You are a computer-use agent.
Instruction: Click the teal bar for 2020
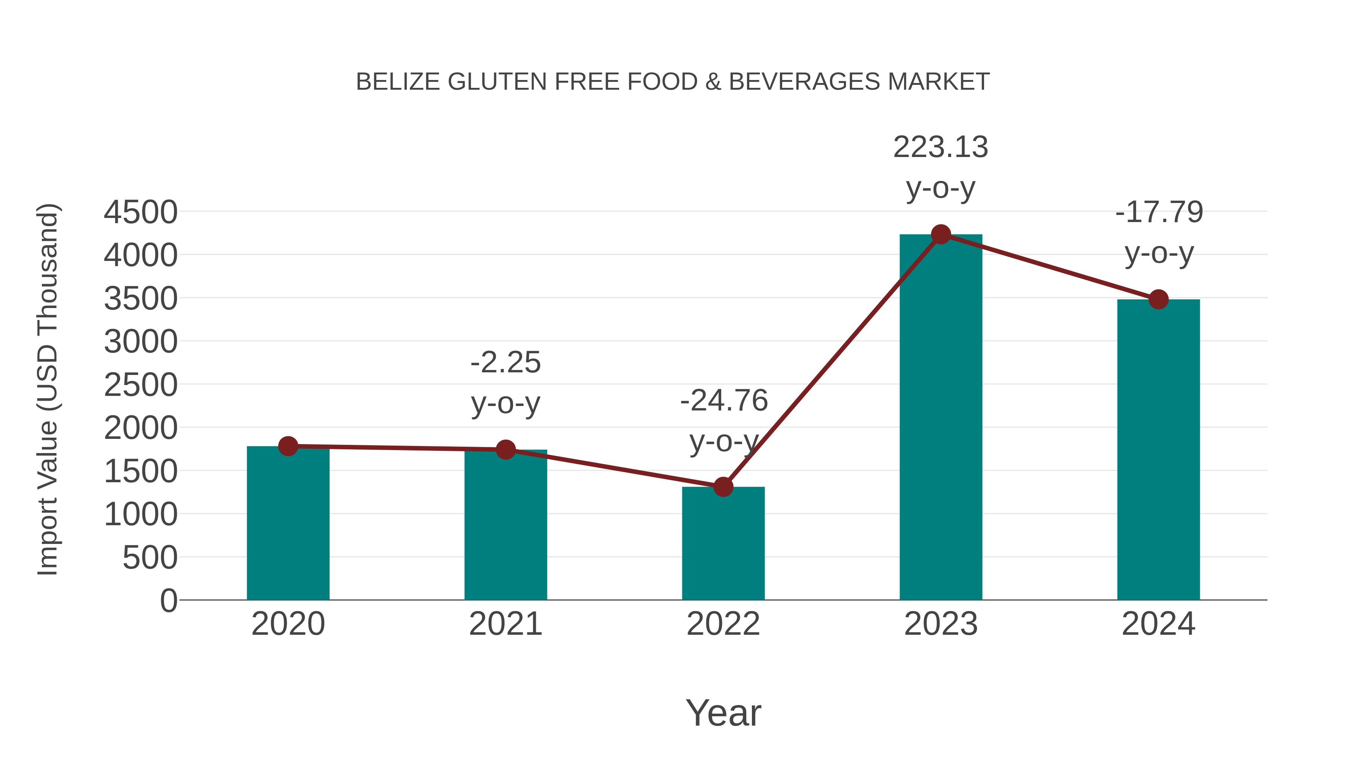pyautogui.click(x=288, y=523)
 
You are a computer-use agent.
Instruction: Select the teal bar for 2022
pyautogui.click(x=723, y=543)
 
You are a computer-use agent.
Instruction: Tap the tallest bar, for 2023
pyautogui.click(x=941, y=418)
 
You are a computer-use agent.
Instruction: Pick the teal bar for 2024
pyautogui.click(x=1158, y=449)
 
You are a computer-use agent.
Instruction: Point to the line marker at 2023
pyautogui.click(x=941, y=234)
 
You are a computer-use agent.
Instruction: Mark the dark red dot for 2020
pyautogui.click(x=288, y=446)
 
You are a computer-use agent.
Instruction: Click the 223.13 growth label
pyautogui.click(x=941, y=147)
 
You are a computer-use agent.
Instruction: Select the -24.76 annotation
pyautogui.click(x=724, y=401)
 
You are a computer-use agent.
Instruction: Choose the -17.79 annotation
pyautogui.click(x=1159, y=212)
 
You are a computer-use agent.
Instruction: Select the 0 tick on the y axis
pyautogui.click(x=168, y=600)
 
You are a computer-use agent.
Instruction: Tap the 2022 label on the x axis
pyautogui.click(x=723, y=624)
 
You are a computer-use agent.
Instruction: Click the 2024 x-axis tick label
pyautogui.click(x=1158, y=624)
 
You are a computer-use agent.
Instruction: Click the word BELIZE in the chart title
pyautogui.click(x=398, y=82)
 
